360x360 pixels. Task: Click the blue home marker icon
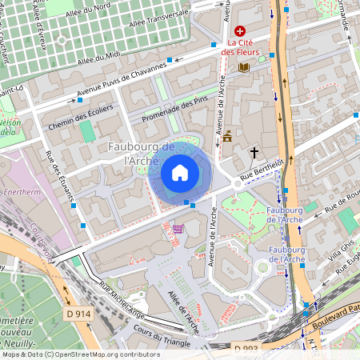180,173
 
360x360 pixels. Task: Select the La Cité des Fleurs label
240,47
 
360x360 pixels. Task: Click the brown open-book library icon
244,68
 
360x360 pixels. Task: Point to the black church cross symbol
254,151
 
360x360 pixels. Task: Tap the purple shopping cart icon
178,229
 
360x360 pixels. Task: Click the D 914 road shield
78,314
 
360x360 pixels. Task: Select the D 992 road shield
246,349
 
